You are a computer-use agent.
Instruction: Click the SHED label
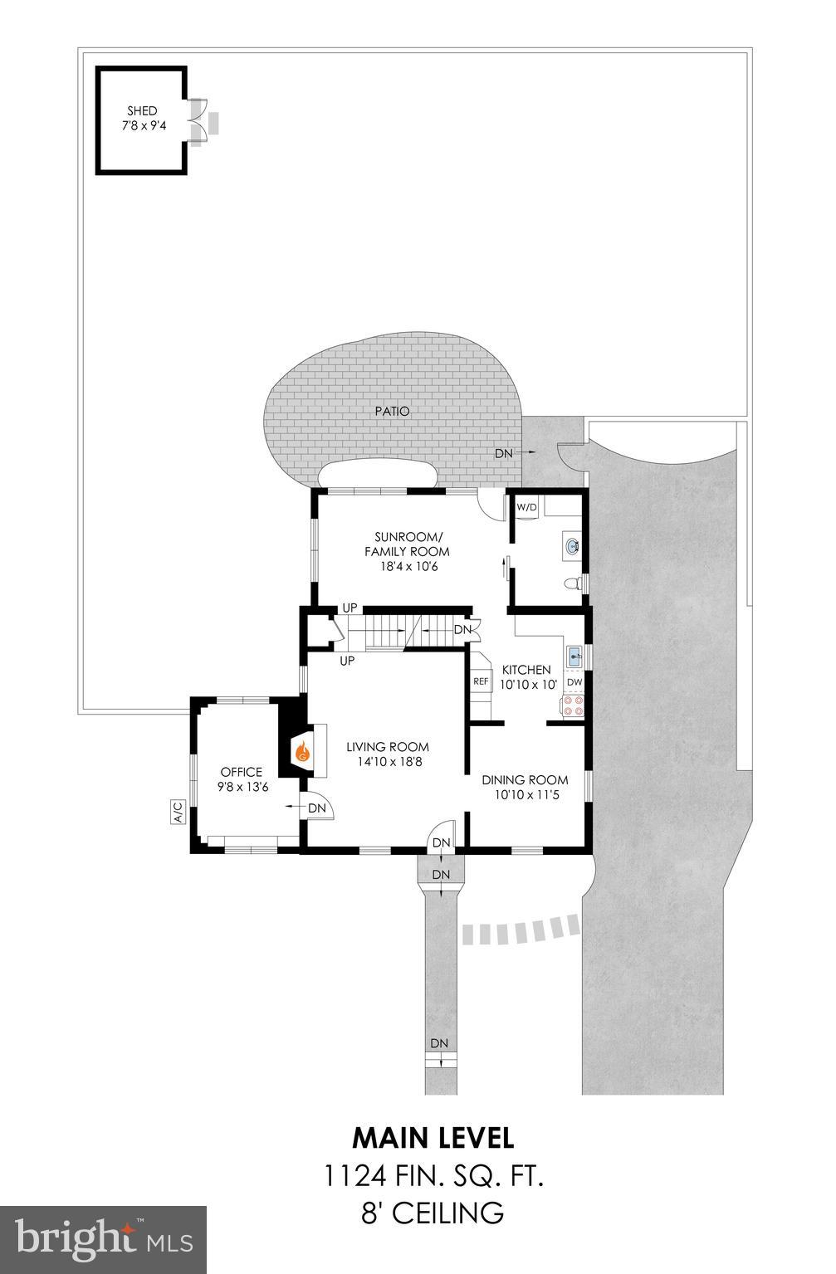coord(142,111)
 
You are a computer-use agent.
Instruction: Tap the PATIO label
coord(392,411)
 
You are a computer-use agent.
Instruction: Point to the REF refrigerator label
coord(481,681)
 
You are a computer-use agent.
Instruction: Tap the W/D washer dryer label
coord(527,506)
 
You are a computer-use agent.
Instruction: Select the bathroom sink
coord(572,546)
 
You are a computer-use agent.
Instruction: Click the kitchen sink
coord(574,657)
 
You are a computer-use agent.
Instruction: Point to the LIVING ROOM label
coord(388,746)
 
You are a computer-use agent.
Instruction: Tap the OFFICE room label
coord(242,772)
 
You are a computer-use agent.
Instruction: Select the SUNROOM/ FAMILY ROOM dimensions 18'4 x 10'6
coord(407,567)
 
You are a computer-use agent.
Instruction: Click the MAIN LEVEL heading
coord(433,1136)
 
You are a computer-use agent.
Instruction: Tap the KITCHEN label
coord(526,670)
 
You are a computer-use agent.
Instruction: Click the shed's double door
coord(197,122)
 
